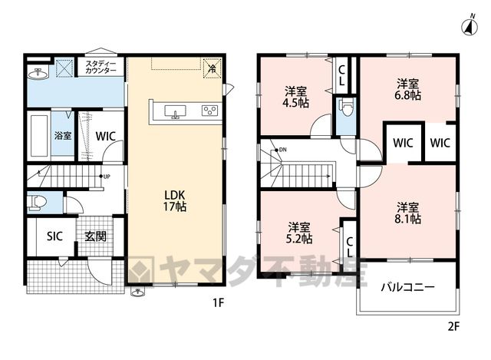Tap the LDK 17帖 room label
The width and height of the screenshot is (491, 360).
pyautogui.click(x=175, y=201)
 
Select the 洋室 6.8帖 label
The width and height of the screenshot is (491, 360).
pyautogui.click(x=407, y=89)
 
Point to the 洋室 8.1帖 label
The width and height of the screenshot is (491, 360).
pyautogui.click(x=407, y=213)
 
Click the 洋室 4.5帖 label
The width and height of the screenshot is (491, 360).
pyautogui.click(x=295, y=97)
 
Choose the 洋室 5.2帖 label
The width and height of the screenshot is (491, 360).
pyautogui.click(x=299, y=233)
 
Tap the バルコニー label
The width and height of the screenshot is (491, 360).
pyautogui.click(x=407, y=287)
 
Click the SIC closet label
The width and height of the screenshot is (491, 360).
pyautogui.click(x=54, y=236)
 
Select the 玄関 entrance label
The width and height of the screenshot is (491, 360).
pyautogui.click(x=95, y=236)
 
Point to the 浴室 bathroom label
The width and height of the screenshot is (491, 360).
pyautogui.click(x=63, y=136)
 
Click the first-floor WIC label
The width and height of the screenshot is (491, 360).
pyautogui.click(x=106, y=137)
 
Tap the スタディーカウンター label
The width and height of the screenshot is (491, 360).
pyautogui.click(x=101, y=67)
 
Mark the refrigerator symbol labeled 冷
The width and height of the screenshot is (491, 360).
pyautogui.click(x=212, y=68)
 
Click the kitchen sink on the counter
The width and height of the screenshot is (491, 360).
pyautogui.click(x=176, y=112)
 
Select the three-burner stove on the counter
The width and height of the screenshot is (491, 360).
pyautogui.click(x=209, y=111)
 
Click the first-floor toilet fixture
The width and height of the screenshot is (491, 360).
pyautogui.click(x=37, y=203)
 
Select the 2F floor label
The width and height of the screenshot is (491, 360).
pyautogui.click(x=453, y=327)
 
